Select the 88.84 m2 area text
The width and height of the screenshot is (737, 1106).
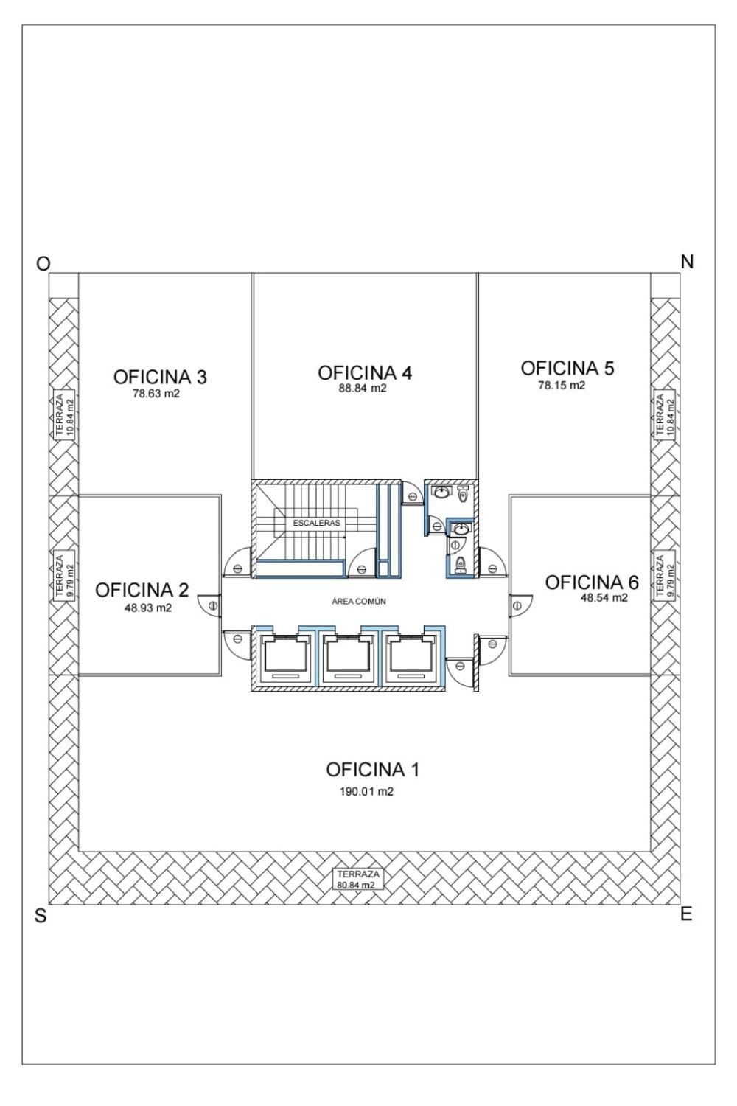point(363,388)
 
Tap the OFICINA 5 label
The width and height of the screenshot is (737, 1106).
point(567,369)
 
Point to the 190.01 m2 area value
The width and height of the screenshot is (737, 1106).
point(366,791)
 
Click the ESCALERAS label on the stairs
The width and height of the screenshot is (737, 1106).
point(316,523)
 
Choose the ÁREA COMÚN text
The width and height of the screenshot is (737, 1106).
point(359,602)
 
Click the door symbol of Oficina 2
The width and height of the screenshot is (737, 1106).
point(209,605)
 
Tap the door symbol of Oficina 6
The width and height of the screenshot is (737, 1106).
point(521,605)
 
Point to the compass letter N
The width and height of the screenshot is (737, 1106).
point(687,262)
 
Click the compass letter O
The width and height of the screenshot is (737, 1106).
point(43,264)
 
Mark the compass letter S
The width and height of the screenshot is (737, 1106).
point(41,916)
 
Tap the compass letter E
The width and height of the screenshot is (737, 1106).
point(686,914)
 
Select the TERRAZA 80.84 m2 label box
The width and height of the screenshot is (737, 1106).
point(358,880)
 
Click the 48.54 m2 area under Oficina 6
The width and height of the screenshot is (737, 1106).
point(604,598)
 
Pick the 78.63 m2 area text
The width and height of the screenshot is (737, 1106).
point(156,394)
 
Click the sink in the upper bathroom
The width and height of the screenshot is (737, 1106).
point(441,492)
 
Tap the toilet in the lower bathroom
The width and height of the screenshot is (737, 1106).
point(460,563)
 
